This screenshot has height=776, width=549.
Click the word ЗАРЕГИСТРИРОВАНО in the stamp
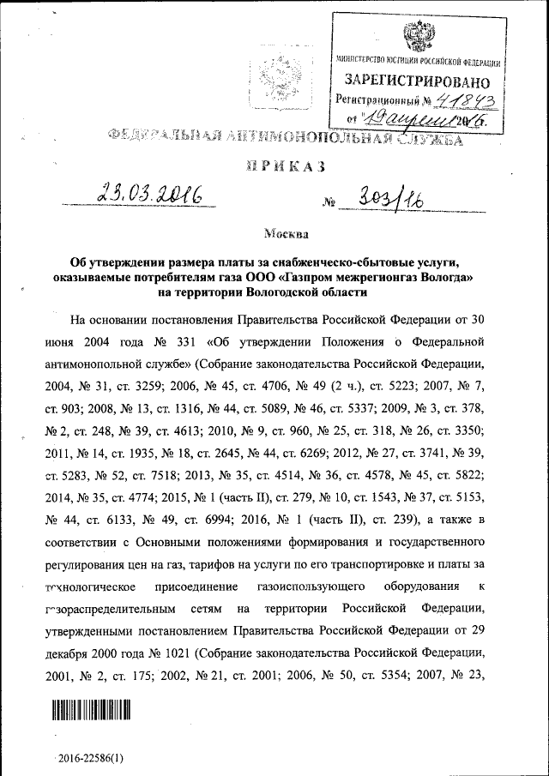[x=418, y=82]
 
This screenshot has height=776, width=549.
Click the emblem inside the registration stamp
[x=418, y=37]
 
